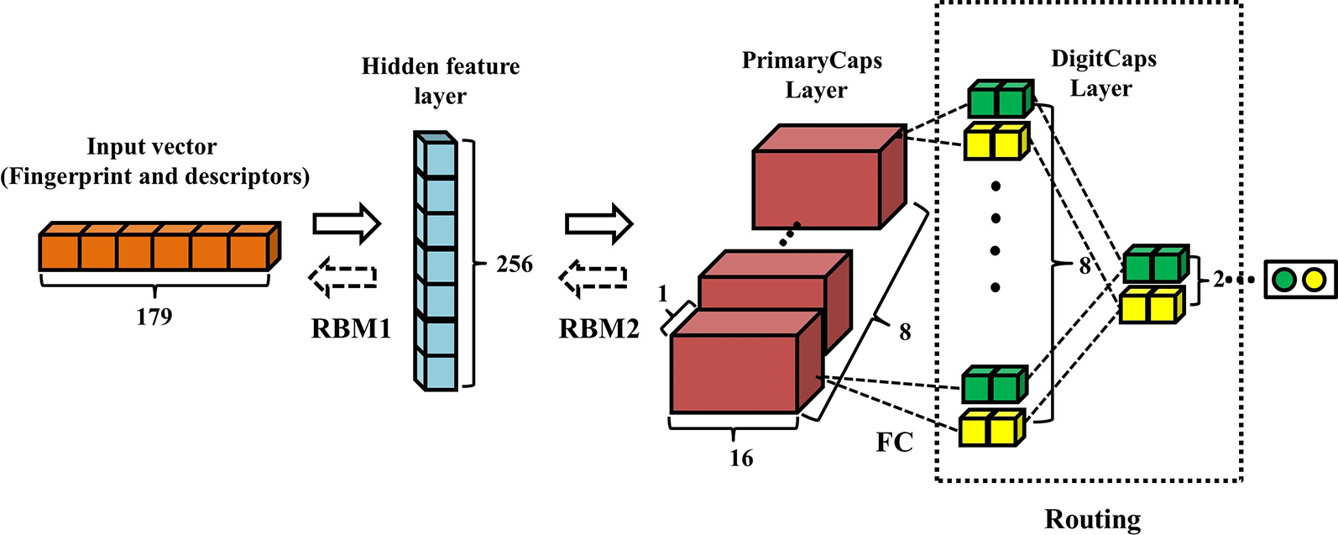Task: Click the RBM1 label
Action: tap(351, 328)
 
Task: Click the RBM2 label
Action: tap(598, 328)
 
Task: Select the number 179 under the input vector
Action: tap(154, 317)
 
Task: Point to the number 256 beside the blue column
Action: tap(515, 264)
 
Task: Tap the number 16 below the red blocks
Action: tap(740, 458)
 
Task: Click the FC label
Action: tap(894, 442)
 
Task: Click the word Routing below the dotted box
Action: tap(1092, 518)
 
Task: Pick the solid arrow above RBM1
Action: tap(347, 223)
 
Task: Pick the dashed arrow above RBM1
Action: tap(342, 276)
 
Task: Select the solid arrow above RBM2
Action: tap(598, 223)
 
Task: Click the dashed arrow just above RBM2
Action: tap(593, 277)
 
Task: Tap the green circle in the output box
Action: tap(1283, 279)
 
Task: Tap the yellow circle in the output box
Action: tap(1314, 279)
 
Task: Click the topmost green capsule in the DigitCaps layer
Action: tap(1000, 99)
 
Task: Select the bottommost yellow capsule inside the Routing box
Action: tap(991, 427)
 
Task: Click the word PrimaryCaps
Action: tap(812, 61)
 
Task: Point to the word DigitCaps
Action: tap(1103, 59)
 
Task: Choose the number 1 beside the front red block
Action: tap(662, 294)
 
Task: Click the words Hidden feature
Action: tap(440, 66)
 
